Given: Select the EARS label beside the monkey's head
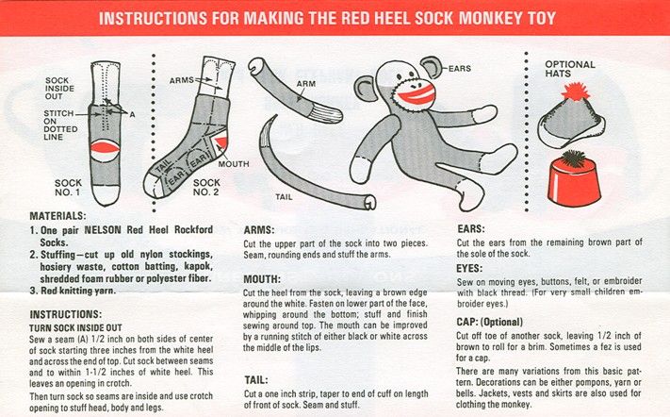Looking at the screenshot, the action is [459, 69].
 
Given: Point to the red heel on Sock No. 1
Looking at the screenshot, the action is [106, 149].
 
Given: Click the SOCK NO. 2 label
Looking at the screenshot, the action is [206, 188].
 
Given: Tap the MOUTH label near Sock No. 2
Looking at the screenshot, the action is [234, 164].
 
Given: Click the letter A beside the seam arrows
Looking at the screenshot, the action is [132, 114].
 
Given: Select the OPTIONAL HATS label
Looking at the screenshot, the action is [569, 69].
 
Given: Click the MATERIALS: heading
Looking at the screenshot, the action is [57, 215].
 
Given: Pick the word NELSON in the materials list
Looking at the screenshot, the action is [103, 229].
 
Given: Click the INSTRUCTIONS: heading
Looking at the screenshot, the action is [65, 314].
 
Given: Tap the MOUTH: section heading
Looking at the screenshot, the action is [262, 279].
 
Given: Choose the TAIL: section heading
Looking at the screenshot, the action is [256, 380].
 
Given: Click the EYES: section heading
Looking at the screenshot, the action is [469, 269].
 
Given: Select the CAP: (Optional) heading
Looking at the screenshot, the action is [489, 322].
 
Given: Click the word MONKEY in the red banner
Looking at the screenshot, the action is [488, 18].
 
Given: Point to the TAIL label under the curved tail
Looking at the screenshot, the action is [285, 197].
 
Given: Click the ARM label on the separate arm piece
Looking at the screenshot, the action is [306, 84].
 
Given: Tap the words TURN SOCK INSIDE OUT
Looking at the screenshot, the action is [75, 328].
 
